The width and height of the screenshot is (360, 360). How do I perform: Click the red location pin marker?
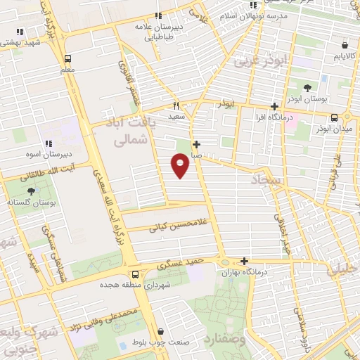click(181, 165)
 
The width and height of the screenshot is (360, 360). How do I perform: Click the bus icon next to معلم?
click(67, 59)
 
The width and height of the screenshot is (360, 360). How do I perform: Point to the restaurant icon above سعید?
click(176, 103)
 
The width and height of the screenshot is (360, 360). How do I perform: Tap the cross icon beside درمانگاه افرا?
click(275, 107)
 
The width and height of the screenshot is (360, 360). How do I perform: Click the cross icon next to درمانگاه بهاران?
click(245, 261)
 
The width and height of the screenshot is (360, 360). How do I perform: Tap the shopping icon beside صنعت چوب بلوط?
click(162, 332)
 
